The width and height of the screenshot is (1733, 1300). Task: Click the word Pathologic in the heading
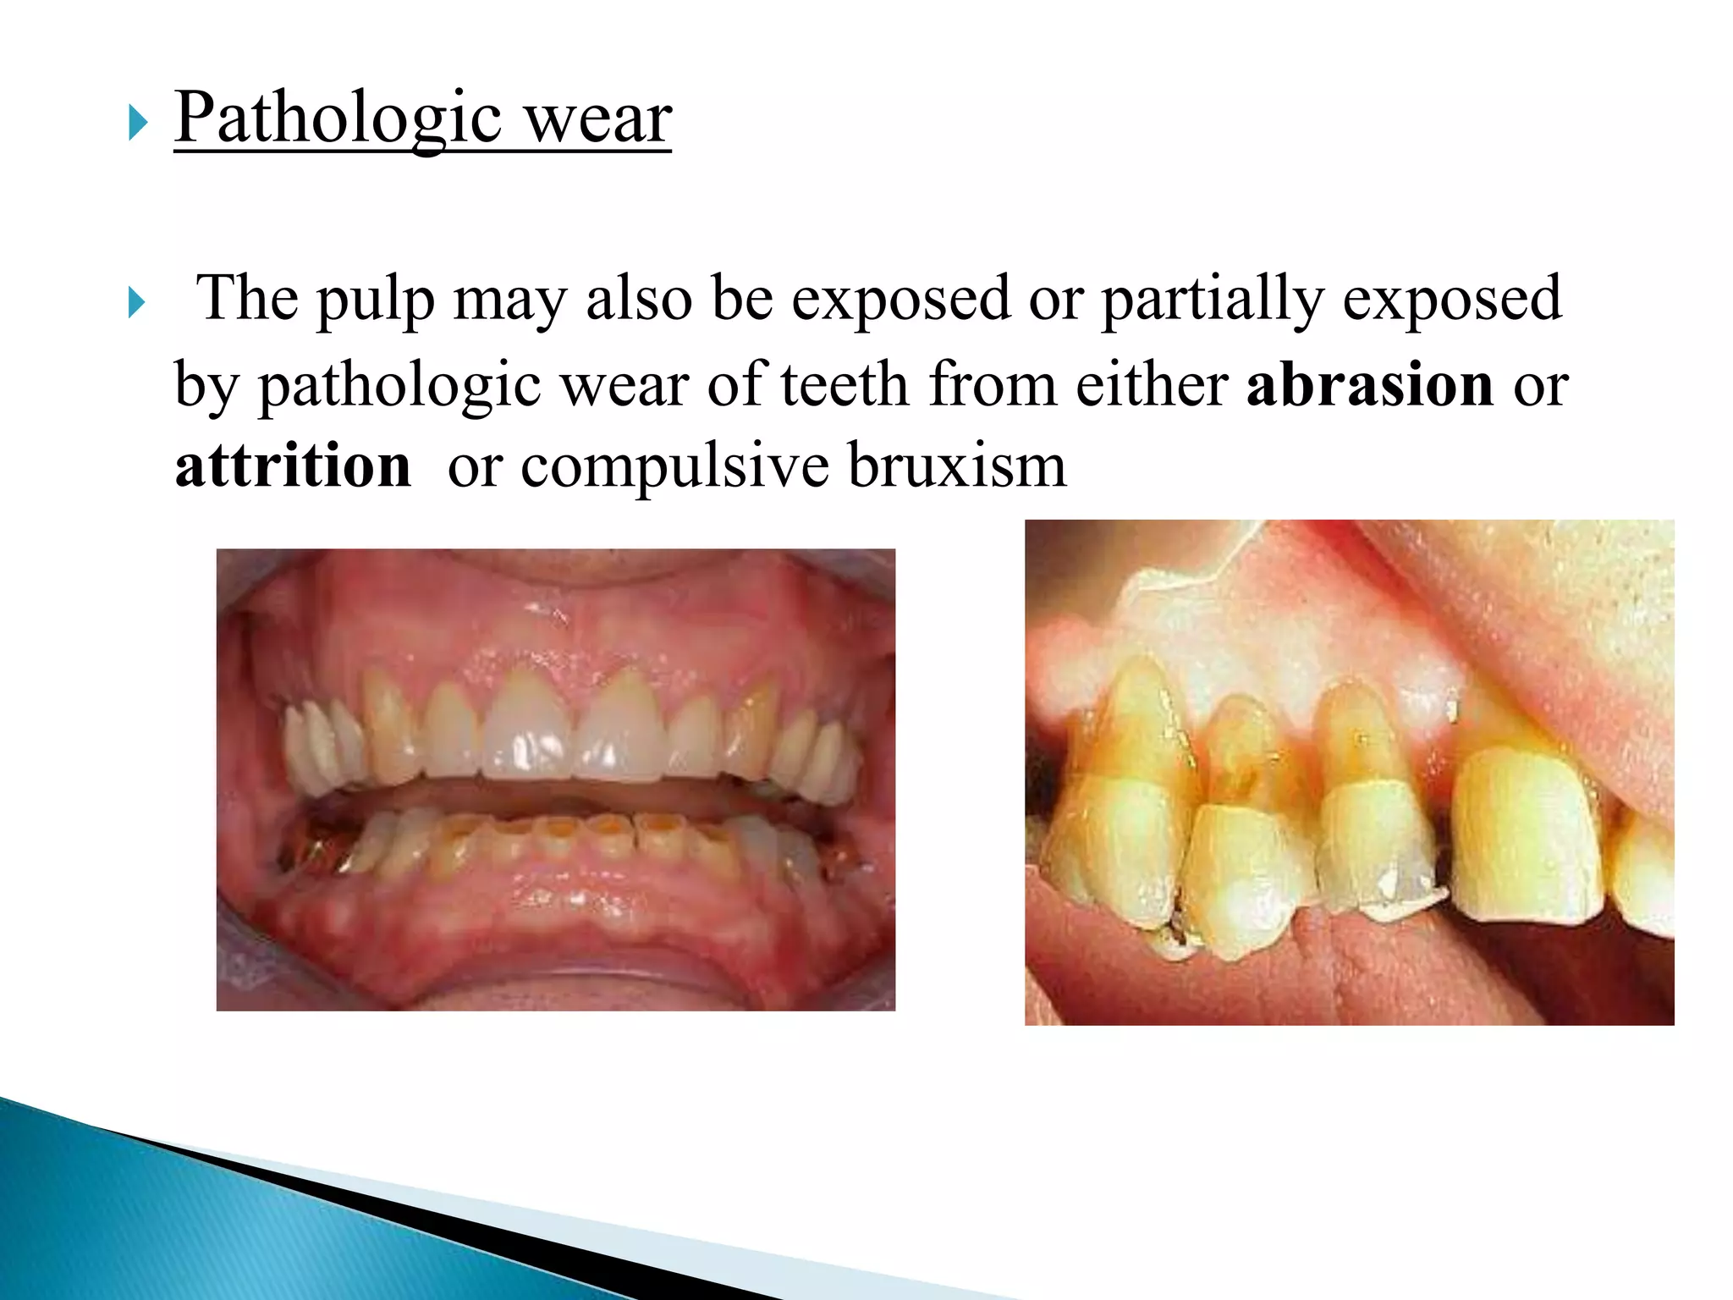338,118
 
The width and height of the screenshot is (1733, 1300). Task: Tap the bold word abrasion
1370,385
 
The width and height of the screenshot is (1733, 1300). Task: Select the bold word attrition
293,465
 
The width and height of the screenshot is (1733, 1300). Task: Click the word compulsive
674,465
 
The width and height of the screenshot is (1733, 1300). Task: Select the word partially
1212,300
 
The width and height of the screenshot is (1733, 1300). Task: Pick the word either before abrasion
1152,385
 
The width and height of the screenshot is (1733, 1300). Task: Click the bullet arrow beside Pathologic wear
138,124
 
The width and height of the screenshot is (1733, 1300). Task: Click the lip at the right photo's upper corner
1565,609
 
